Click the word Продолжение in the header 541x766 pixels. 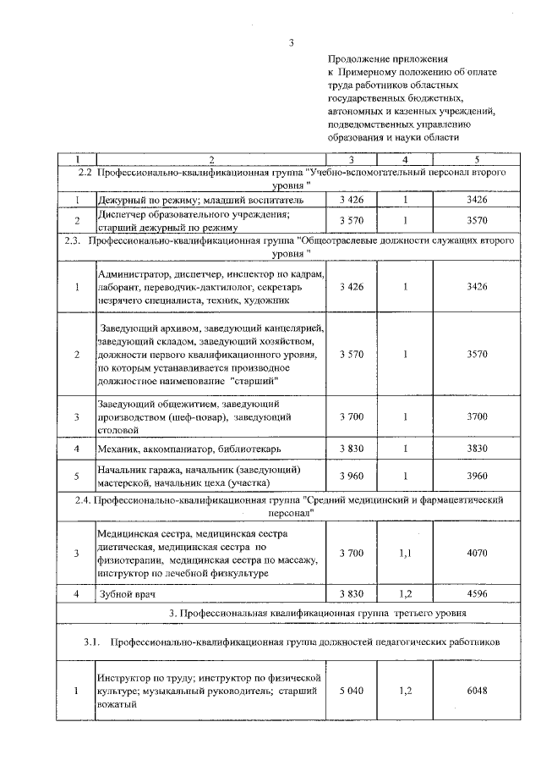tap(358, 59)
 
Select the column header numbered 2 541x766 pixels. tap(211, 158)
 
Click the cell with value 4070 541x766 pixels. tap(477, 553)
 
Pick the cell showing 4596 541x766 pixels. tap(477, 593)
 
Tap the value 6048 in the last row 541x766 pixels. tap(477, 691)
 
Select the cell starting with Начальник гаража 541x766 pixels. tap(199, 476)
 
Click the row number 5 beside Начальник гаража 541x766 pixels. tap(76, 476)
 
